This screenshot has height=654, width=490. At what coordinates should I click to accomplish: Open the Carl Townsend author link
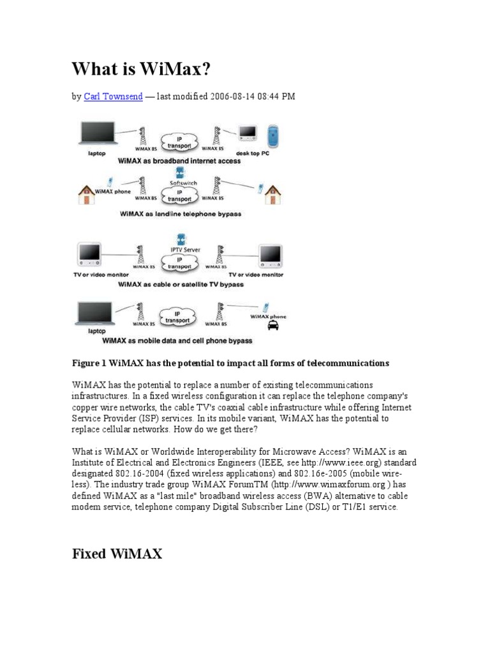(x=113, y=97)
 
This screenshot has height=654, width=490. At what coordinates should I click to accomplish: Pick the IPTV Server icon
(x=182, y=239)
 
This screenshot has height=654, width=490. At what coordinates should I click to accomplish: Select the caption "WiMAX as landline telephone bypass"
(x=181, y=215)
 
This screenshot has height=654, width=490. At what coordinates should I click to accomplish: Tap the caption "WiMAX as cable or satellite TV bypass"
(x=181, y=284)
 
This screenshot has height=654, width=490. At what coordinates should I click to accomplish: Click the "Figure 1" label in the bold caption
(x=89, y=363)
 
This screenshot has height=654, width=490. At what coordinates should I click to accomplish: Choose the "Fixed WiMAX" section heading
(x=117, y=554)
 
